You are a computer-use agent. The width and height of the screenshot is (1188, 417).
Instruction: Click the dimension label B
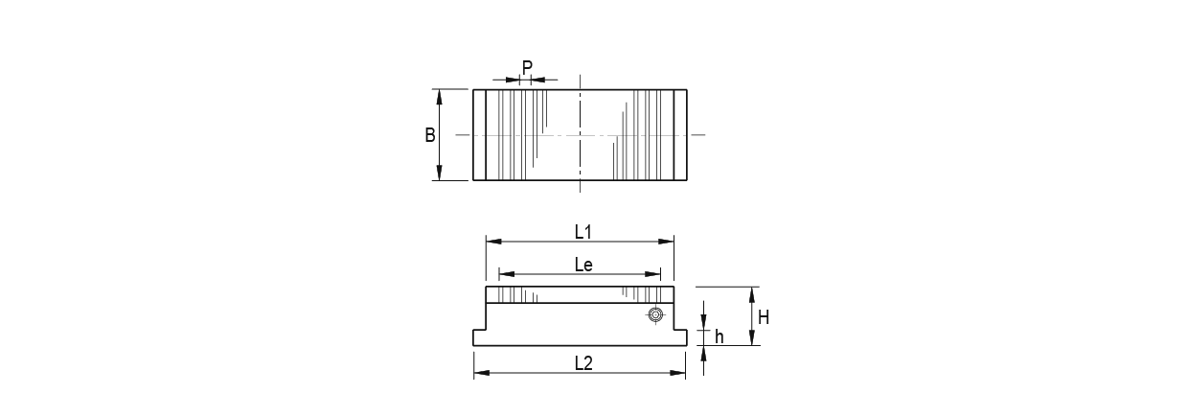point(430,135)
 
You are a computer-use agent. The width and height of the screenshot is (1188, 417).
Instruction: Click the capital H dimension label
point(763,315)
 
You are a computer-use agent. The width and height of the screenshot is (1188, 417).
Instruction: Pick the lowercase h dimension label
point(719,336)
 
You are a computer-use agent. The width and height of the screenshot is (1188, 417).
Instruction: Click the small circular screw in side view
point(655,314)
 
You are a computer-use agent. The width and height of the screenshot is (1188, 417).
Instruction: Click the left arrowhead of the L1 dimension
point(491,242)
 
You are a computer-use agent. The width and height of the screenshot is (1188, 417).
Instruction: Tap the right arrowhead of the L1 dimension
point(669,242)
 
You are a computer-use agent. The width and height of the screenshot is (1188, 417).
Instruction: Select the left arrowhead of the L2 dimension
point(479,373)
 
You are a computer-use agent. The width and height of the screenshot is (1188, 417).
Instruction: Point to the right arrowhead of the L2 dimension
point(680,373)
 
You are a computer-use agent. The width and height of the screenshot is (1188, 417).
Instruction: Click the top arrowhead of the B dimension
point(439,95)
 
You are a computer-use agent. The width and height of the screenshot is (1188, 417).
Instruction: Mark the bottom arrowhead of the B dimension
point(439,174)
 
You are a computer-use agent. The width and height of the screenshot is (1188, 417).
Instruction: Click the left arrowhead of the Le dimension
point(505,273)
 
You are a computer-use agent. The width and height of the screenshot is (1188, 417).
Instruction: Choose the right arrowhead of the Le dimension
point(656,273)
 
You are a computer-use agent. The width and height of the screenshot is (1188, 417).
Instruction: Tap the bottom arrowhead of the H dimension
point(752,339)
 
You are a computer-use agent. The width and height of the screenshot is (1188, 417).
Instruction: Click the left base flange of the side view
point(480,337)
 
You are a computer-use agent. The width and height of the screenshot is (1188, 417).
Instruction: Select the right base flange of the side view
point(679,337)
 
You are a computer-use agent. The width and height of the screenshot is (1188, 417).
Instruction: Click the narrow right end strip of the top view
point(680,135)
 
